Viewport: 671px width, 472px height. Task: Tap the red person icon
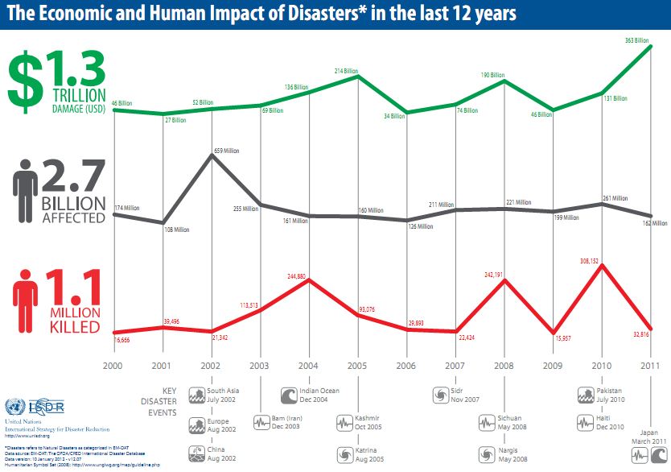[x=25, y=304]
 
